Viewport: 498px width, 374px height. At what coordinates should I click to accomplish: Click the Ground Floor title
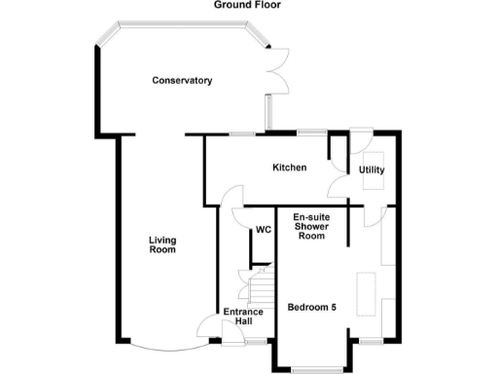click(x=249, y=5)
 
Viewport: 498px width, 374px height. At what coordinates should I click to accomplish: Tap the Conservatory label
click(x=182, y=80)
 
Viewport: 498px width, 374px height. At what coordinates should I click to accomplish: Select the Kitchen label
click(x=289, y=168)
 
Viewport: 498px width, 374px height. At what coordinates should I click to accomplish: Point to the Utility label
click(x=372, y=170)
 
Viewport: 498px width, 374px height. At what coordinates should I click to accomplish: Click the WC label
click(x=263, y=231)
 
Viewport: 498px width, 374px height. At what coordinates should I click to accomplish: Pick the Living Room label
click(x=161, y=244)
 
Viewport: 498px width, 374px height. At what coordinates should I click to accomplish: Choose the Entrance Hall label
click(x=243, y=317)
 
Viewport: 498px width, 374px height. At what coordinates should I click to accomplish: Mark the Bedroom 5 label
click(x=312, y=308)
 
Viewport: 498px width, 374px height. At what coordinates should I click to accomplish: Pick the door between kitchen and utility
click(x=339, y=181)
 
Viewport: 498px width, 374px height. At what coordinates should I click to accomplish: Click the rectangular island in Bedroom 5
click(x=368, y=292)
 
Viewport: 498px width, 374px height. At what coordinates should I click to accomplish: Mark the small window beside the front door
click(x=256, y=343)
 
